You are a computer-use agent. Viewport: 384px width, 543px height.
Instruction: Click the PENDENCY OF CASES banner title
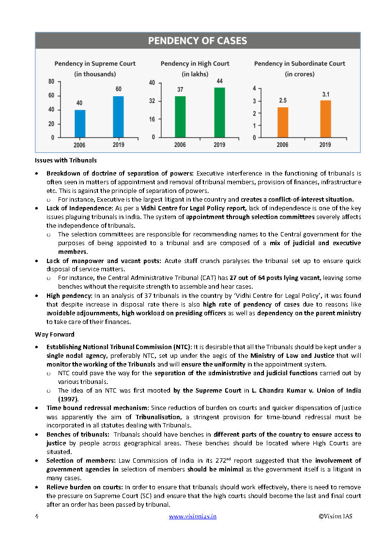[x=197, y=41]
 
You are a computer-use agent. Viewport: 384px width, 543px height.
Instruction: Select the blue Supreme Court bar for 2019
[x=118, y=117]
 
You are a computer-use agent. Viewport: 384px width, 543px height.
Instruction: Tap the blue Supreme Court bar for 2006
[x=80, y=123]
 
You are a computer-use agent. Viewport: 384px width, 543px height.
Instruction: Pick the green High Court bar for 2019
[x=219, y=112]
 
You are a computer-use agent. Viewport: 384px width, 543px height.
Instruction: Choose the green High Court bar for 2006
[x=180, y=117]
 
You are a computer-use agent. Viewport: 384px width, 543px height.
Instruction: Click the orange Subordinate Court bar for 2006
[x=282, y=122]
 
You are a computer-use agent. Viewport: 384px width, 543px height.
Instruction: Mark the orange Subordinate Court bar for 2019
[x=325, y=118]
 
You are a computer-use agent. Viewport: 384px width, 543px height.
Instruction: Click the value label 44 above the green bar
[x=219, y=81]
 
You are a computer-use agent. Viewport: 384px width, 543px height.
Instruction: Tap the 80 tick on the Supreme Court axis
[x=51, y=82]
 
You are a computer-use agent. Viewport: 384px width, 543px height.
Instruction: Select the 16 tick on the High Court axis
[x=152, y=119]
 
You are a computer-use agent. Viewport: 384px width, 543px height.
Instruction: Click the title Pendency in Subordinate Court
[x=299, y=63]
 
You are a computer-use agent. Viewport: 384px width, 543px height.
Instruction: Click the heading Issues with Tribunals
[x=65, y=160]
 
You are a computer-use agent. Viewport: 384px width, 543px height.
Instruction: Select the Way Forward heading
[x=54, y=334]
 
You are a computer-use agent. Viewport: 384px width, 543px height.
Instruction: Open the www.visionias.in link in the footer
[x=192, y=516]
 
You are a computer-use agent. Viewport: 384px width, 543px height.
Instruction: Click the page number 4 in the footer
[x=37, y=516]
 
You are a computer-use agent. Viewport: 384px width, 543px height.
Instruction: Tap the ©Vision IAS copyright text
[x=335, y=516]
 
